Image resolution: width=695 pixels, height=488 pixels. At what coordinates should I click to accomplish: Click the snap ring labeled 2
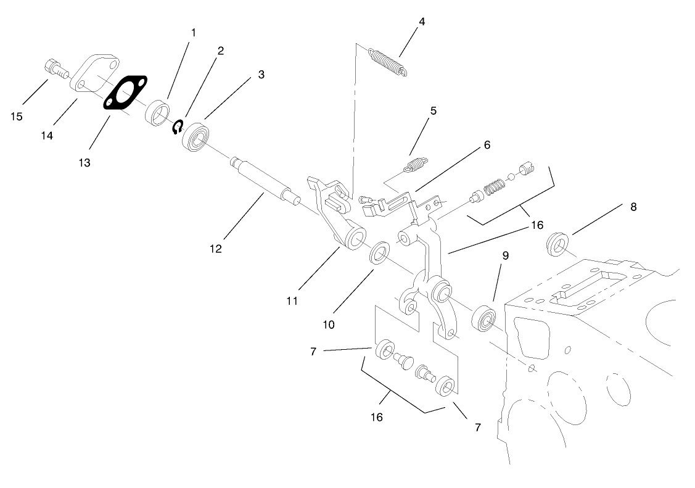tap(178, 126)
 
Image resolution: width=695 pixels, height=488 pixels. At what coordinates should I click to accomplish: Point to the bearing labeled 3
tap(197, 136)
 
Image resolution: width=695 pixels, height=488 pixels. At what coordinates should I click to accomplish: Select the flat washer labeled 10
tap(379, 253)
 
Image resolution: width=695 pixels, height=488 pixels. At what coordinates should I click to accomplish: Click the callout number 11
tap(292, 300)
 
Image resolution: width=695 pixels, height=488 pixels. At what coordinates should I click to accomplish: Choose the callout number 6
tap(487, 145)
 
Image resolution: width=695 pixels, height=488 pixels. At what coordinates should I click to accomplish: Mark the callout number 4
tap(422, 22)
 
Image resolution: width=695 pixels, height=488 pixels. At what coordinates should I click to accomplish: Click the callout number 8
tap(633, 207)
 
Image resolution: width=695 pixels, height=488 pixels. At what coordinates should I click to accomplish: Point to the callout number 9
tap(505, 255)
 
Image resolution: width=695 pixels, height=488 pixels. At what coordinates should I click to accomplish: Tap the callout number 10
tap(328, 323)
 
